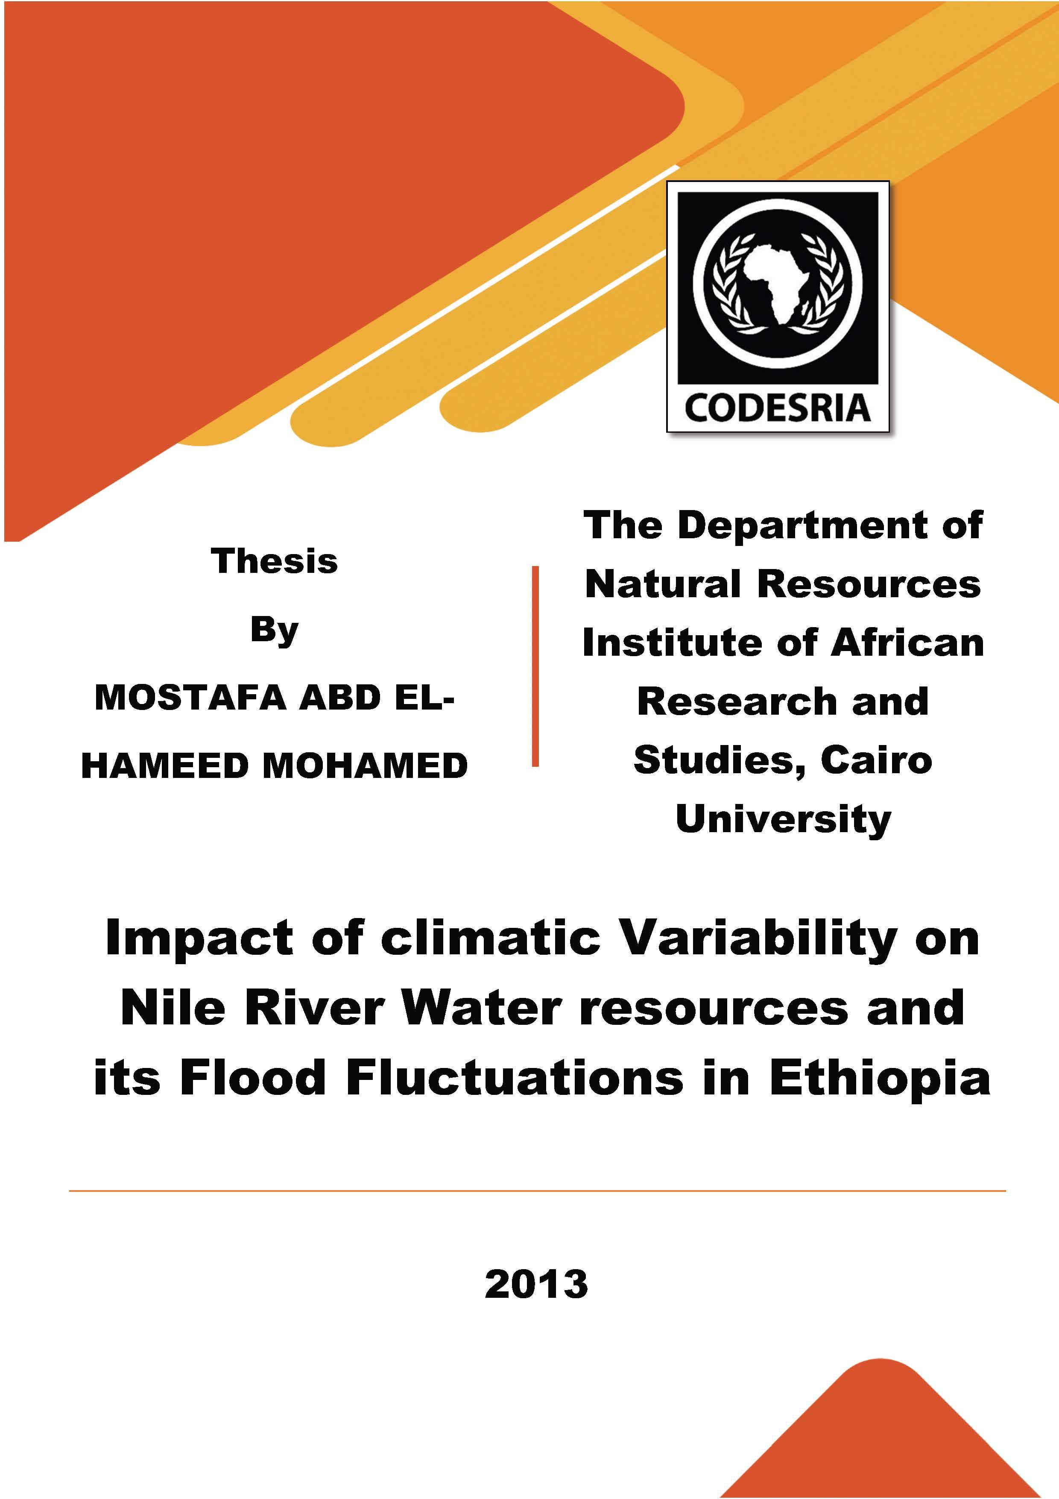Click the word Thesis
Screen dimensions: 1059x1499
(x=274, y=561)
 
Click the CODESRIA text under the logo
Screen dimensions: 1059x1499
(x=778, y=408)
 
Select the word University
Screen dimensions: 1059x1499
(x=783, y=820)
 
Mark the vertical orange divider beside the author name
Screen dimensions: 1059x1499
(x=535, y=666)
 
